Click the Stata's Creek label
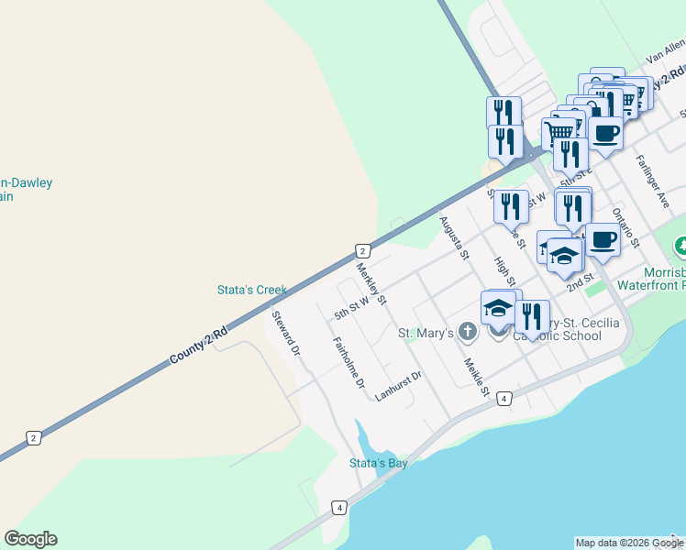coord(251,290)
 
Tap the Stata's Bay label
coord(378,463)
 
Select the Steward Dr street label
coord(286,334)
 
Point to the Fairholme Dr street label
coord(349,362)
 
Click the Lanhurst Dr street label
coord(398,386)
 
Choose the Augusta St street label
coord(454,236)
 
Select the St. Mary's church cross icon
coord(467,331)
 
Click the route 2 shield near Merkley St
coord(362,250)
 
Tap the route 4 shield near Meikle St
coord(503,398)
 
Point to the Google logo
coord(31,539)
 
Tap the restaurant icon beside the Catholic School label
coord(532,317)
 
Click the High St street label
coord(505,270)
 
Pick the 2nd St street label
coord(581,281)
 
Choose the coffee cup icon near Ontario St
coord(602,240)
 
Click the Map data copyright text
coord(628,543)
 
